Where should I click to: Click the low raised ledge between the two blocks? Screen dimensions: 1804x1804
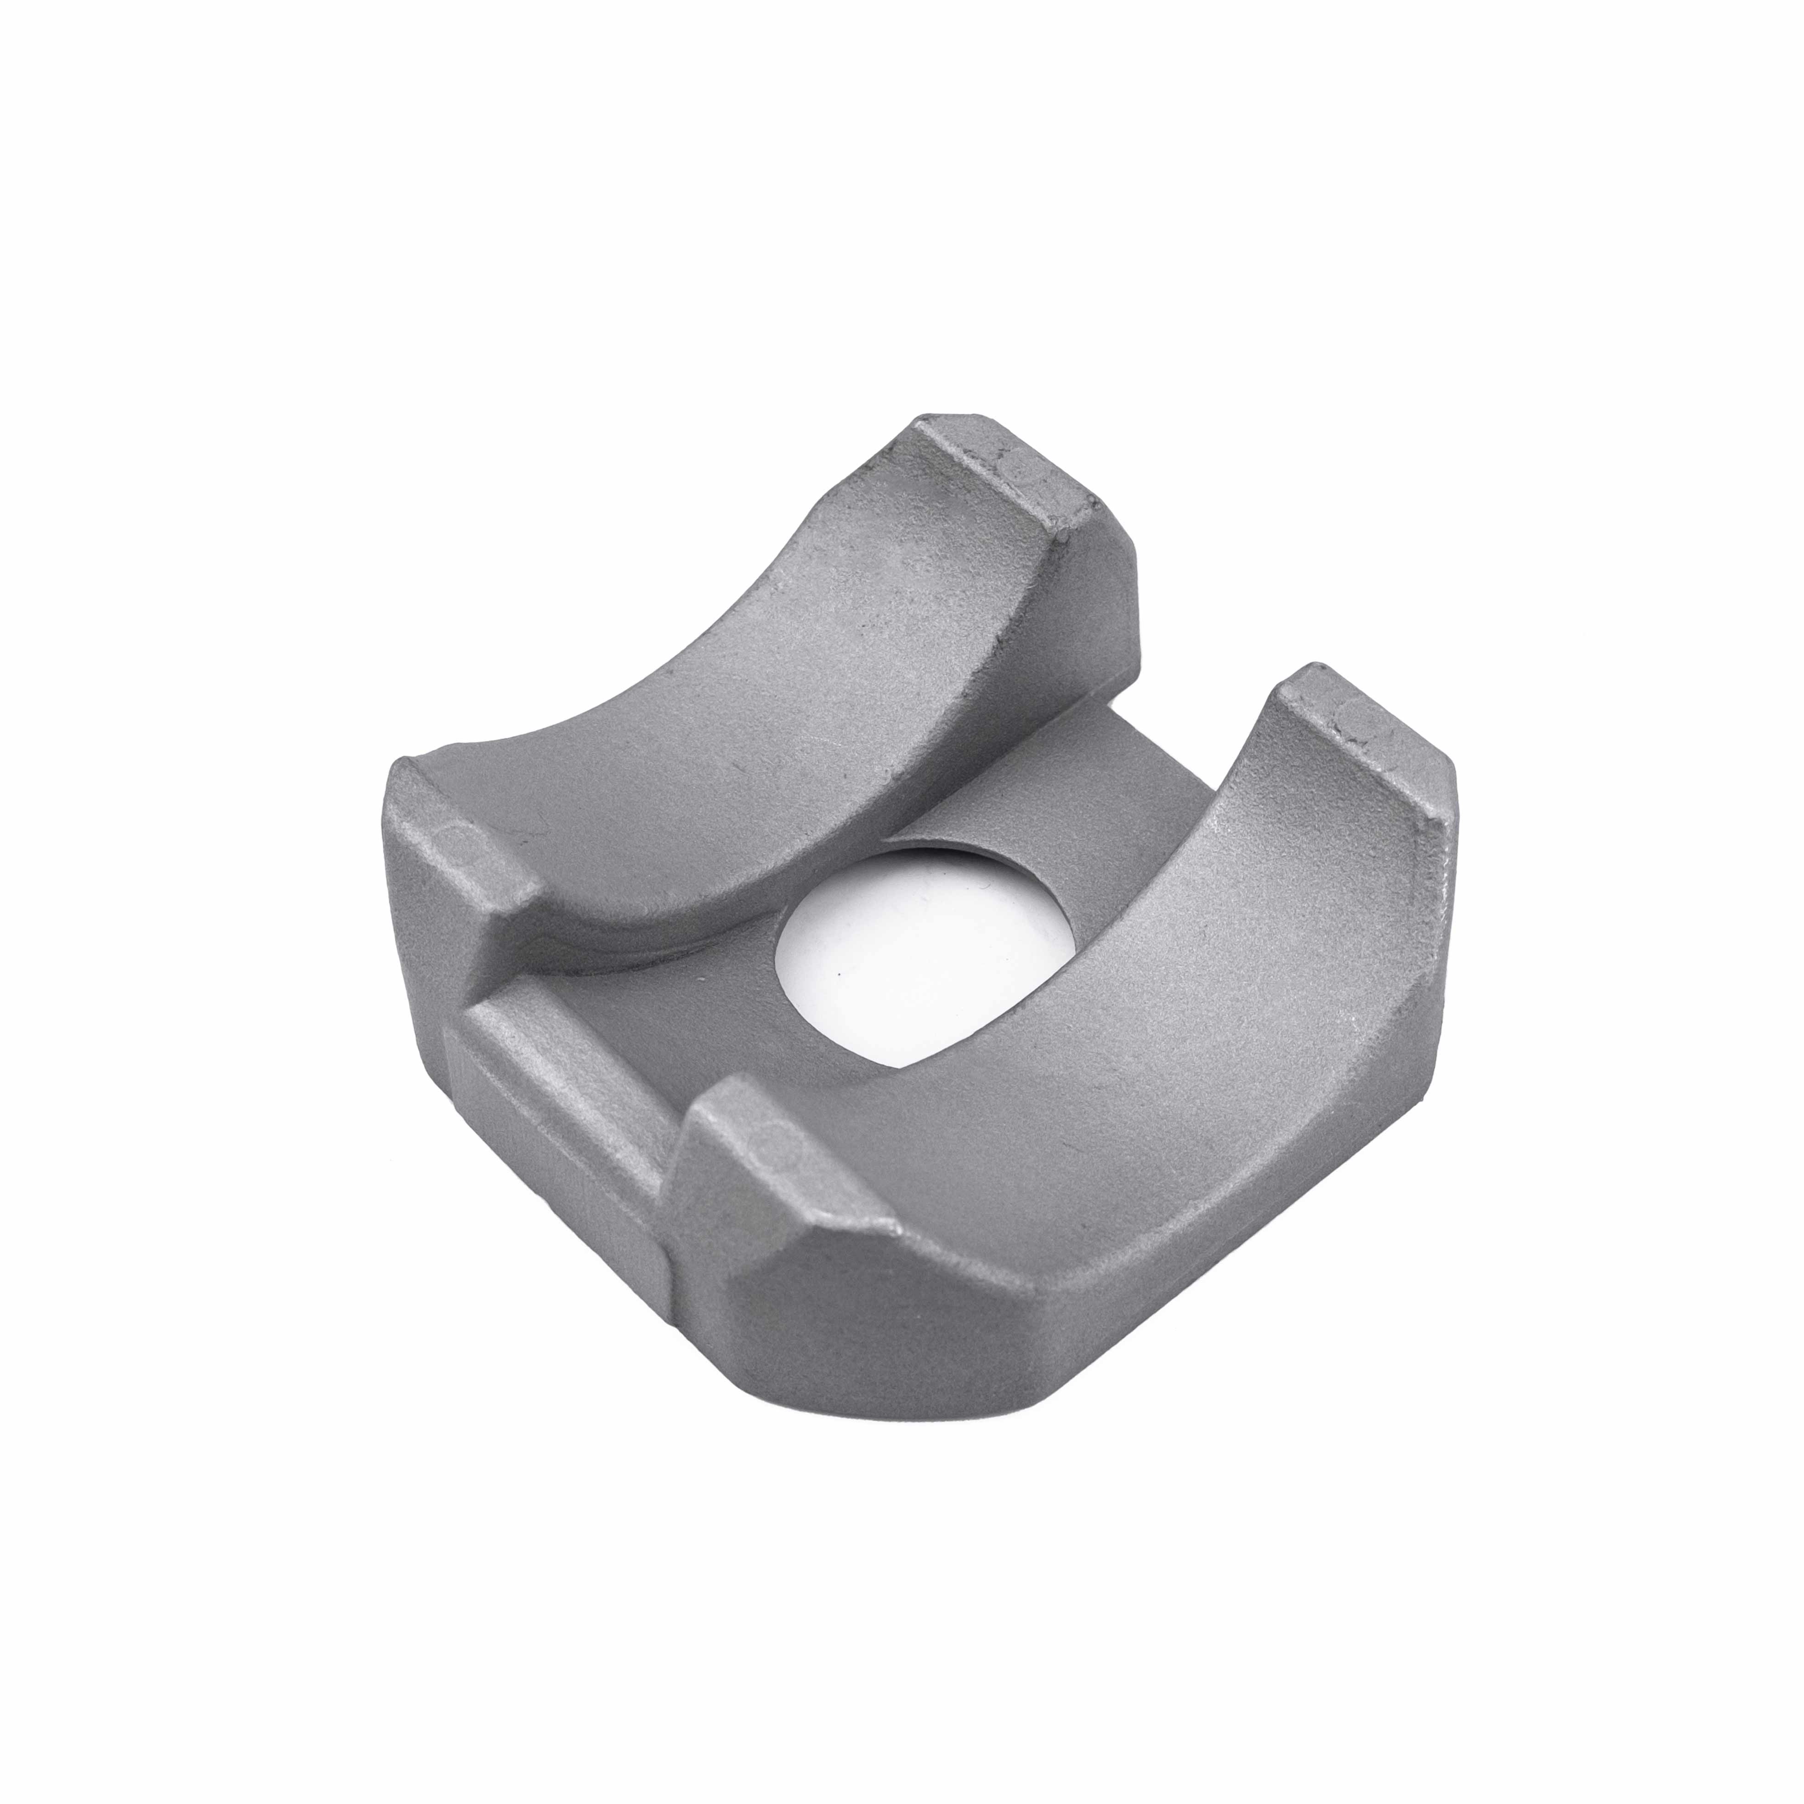[x=560, y=1037]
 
